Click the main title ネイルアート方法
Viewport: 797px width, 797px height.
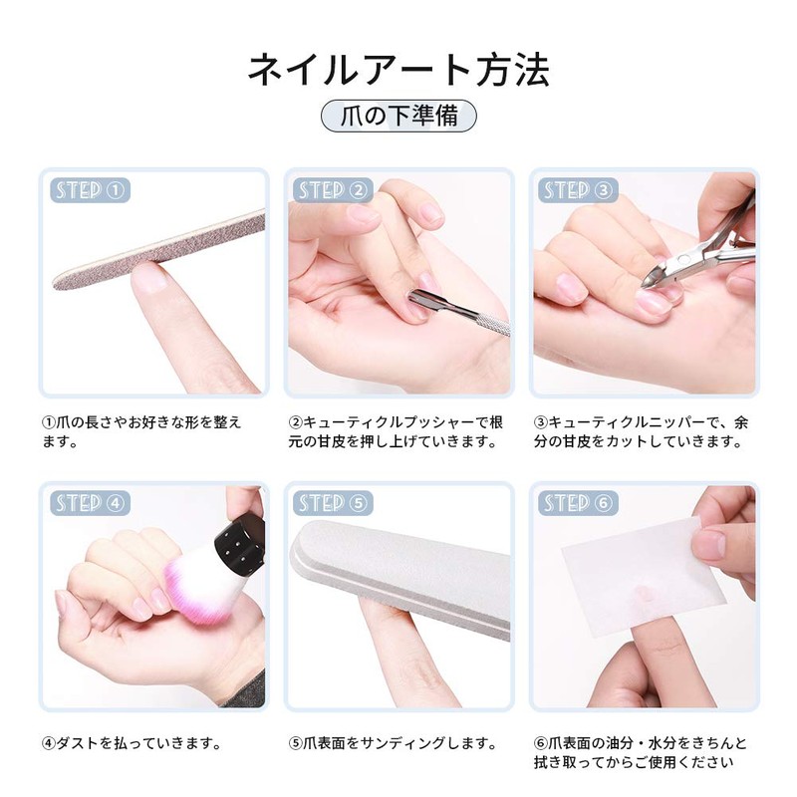tap(398, 71)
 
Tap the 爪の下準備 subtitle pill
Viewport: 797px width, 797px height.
tap(398, 116)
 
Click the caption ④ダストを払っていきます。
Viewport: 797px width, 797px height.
tap(131, 743)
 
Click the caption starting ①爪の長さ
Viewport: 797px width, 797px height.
tap(140, 431)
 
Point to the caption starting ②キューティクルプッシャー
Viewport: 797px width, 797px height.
tap(393, 431)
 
